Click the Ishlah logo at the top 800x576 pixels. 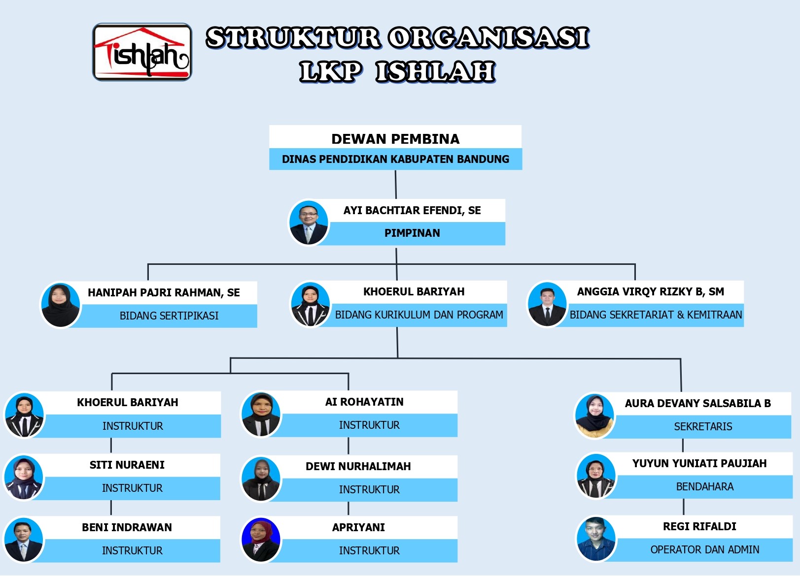click(x=142, y=52)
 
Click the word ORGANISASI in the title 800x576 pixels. click(x=488, y=38)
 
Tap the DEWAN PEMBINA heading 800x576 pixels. click(x=395, y=139)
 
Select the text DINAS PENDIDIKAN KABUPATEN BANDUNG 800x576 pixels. click(x=395, y=160)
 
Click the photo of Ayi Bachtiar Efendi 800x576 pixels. click(x=309, y=223)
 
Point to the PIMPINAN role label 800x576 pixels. click(x=412, y=233)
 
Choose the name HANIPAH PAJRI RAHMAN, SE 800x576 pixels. click(x=164, y=293)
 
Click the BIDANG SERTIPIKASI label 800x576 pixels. click(x=169, y=316)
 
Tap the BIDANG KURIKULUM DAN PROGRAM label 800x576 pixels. click(x=419, y=315)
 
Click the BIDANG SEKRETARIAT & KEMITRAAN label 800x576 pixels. click(x=656, y=315)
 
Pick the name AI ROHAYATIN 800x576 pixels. click(x=364, y=402)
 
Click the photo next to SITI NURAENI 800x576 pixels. click(x=24, y=478)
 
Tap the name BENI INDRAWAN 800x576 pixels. click(x=127, y=528)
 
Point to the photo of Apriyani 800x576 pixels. click(x=261, y=540)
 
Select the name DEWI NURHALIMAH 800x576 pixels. click(x=358, y=467)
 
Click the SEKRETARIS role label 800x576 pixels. click(x=703, y=427)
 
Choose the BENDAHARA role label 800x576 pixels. click(x=704, y=487)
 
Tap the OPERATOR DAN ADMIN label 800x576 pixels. click(x=704, y=550)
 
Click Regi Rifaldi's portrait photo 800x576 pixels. click(x=596, y=539)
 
